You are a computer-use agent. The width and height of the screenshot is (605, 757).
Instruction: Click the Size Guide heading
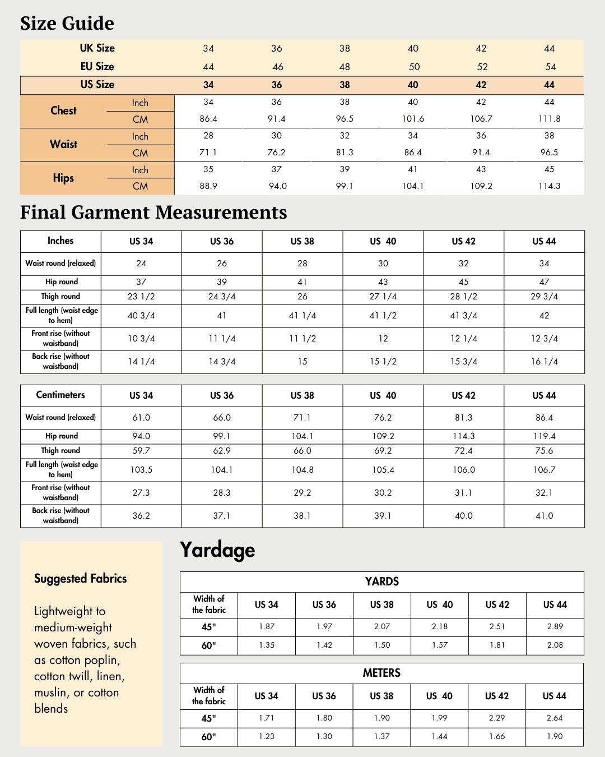coord(67,24)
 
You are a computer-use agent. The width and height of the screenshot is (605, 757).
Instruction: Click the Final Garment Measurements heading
coord(153,213)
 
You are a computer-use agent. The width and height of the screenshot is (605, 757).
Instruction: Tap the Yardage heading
coord(217,550)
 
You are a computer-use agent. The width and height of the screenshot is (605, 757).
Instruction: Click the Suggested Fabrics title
coord(81,579)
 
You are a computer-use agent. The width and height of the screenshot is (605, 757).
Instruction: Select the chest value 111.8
coord(549,119)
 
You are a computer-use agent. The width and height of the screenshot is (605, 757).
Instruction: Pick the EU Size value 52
coord(482,67)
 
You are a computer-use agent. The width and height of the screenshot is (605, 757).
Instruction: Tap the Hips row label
coord(63,178)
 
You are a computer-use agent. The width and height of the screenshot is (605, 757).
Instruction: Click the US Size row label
coord(97,85)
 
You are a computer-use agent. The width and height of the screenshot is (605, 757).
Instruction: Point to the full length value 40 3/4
coord(141,316)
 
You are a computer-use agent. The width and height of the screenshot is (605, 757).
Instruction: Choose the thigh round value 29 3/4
coord(544,297)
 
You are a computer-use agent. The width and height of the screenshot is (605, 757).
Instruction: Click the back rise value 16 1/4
coord(544,362)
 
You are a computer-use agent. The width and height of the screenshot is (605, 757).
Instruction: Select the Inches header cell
coord(61,241)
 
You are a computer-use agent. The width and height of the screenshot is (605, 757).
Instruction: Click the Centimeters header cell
coord(61,395)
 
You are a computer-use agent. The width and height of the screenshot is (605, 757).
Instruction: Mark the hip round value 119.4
coord(544,436)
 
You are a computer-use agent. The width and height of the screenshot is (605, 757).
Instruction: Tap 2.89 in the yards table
coord(555,626)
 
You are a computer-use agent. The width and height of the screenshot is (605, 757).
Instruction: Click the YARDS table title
coord(381,581)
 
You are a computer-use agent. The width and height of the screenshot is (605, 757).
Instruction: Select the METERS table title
coord(381,673)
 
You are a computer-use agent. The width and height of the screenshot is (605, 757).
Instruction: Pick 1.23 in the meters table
coord(267,736)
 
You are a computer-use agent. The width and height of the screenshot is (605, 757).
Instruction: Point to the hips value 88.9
coord(208,186)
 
